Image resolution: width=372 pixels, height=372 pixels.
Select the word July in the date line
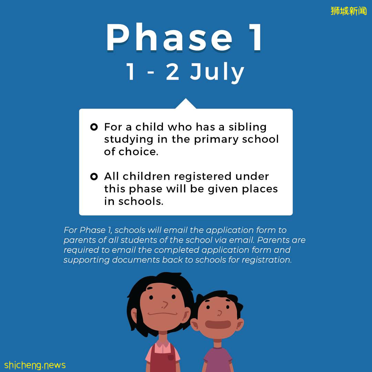(x=217, y=72)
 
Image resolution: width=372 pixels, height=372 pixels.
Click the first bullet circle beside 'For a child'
(x=94, y=127)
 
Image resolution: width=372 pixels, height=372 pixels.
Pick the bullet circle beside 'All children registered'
(x=94, y=176)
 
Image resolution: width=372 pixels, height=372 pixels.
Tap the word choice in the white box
(x=138, y=152)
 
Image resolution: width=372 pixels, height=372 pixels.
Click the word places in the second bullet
(x=260, y=189)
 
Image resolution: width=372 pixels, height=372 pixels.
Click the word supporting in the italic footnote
(x=86, y=260)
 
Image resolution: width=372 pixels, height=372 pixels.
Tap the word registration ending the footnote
(x=267, y=260)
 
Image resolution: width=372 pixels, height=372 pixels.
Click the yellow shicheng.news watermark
(x=35, y=365)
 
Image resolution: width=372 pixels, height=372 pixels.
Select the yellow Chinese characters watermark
(x=349, y=11)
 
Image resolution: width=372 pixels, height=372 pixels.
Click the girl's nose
(x=165, y=305)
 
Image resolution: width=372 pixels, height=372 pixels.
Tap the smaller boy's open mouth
(x=218, y=324)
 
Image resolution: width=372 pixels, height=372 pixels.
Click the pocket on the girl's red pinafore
(x=170, y=357)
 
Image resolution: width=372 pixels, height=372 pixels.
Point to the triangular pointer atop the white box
(x=186, y=104)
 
